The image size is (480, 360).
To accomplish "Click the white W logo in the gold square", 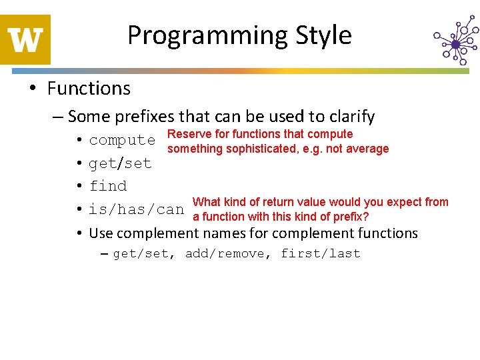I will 25,39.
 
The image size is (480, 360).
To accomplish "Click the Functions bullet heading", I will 89,88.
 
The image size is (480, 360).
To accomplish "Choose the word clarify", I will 348,117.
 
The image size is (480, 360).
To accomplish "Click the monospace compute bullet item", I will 122,140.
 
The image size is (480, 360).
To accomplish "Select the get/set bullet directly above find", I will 120,163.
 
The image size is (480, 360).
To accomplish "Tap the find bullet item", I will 107,186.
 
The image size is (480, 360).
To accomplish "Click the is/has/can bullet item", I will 136,209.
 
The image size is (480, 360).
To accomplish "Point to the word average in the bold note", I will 366,149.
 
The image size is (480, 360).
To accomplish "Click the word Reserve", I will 189,134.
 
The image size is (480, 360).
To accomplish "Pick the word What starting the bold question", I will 206,202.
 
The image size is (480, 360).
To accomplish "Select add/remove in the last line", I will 228,253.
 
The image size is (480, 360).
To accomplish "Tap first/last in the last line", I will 320,253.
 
